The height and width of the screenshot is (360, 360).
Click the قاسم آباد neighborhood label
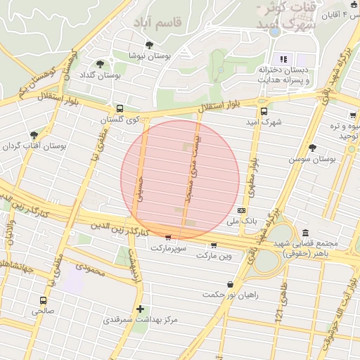click(163, 22)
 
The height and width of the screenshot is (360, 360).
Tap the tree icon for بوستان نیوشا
click(149, 45)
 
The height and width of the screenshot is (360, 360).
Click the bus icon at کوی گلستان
click(120, 109)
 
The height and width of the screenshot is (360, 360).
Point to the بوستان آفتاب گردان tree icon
click(33, 135)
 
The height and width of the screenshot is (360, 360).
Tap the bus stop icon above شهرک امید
click(264, 110)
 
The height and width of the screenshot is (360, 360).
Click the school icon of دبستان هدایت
click(284, 59)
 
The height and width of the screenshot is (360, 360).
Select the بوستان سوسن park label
click(310, 160)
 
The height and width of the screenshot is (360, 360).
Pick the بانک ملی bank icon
click(242, 210)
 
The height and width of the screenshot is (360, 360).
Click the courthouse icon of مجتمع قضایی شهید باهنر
click(304, 233)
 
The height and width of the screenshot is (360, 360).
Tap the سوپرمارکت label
click(167, 248)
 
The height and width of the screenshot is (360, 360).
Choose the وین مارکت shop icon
click(214, 245)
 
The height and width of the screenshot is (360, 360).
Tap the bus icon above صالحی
click(43, 299)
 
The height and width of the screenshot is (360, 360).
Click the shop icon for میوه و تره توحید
click(352, 115)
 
